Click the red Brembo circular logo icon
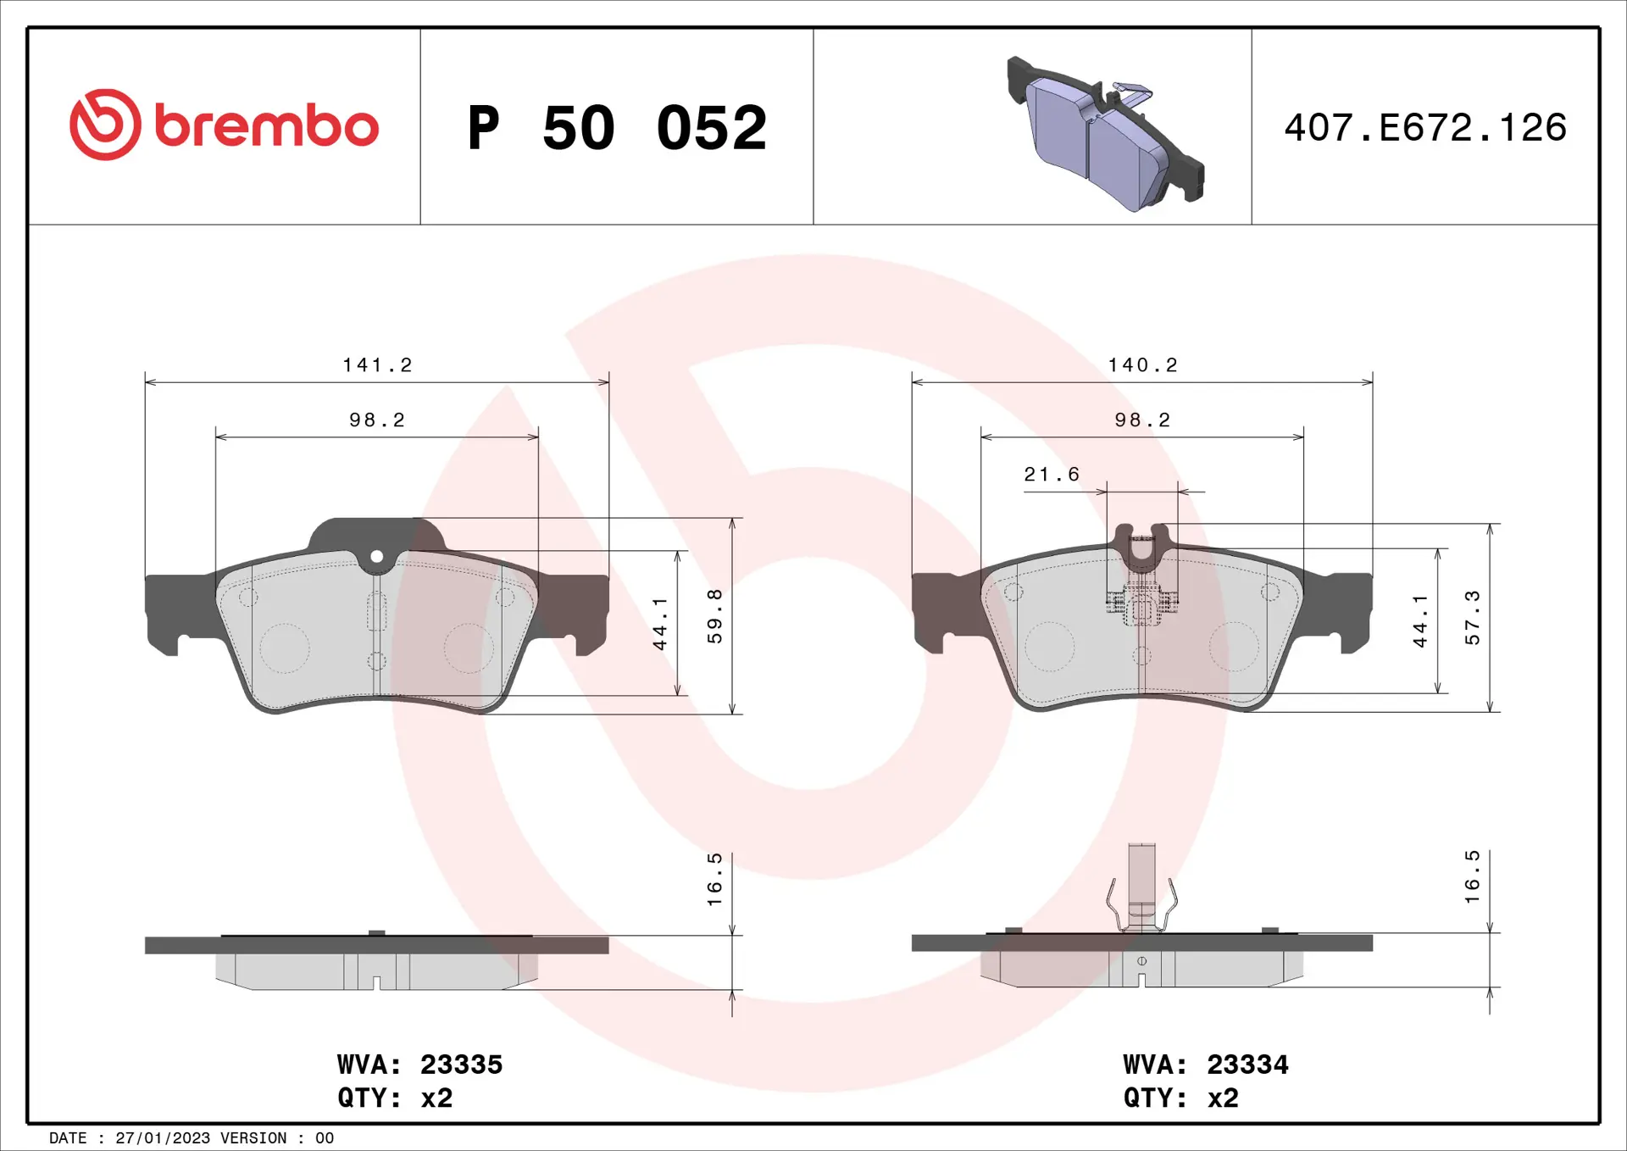[105, 125]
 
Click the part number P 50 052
[617, 128]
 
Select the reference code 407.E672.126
[1425, 128]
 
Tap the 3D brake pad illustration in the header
[1104, 134]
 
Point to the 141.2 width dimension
[377, 365]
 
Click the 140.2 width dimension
[1143, 365]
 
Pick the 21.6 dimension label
[1052, 475]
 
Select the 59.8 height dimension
[715, 616]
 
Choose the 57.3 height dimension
[1473, 618]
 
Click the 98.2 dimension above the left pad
[377, 420]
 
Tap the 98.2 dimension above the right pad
[1142, 420]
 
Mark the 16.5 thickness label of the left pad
[715, 880]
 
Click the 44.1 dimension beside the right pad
[1420, 621]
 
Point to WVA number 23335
[461, 1065]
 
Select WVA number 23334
[1247, 1065]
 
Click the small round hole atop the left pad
[377, 557]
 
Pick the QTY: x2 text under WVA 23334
[1180, 1098]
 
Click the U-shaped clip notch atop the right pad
[1141, 548]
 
